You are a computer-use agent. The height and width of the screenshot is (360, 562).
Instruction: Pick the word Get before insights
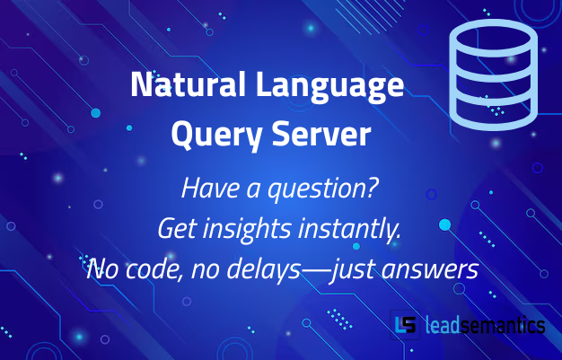(175, 230)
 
